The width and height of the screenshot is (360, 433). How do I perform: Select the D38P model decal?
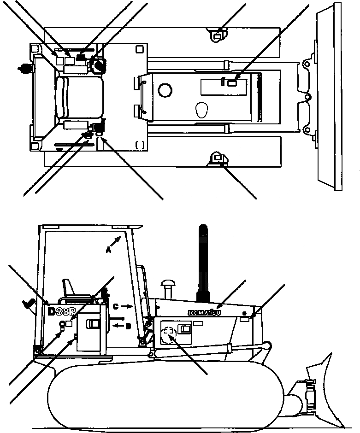coord(61,312)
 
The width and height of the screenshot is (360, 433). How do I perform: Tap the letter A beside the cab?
coord(109,250)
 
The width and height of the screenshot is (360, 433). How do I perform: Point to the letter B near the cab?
coord(129,326)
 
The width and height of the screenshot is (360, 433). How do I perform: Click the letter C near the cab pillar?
coord(116,306)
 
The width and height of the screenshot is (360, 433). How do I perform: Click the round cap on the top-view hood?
coord(165,91)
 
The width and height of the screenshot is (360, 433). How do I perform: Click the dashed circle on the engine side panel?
coord(169,333)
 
